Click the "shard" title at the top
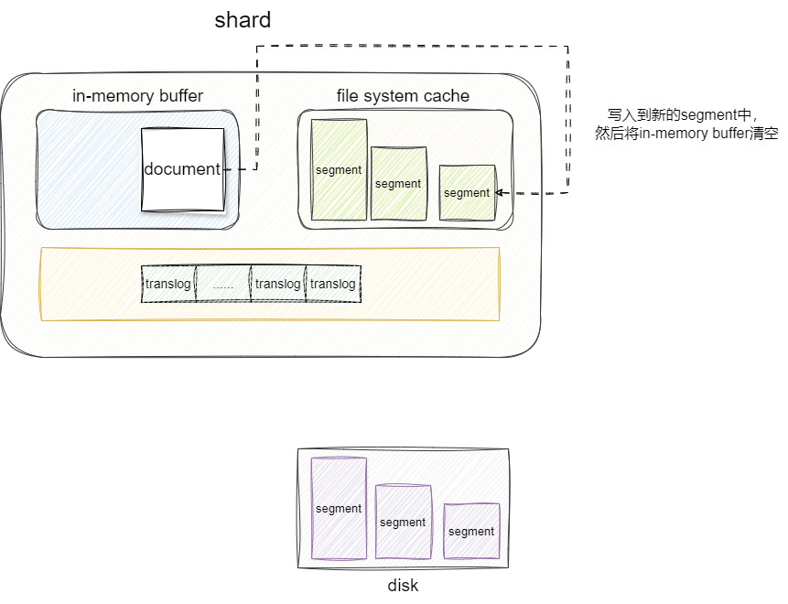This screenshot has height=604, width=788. coord(243,20)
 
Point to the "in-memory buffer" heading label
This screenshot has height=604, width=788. coord(137,96)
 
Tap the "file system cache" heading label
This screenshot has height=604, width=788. coord(403,96)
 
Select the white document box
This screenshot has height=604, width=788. coord(182,168)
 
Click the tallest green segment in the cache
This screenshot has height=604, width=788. coord(339,169)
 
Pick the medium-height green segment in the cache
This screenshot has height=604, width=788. coord(398,183)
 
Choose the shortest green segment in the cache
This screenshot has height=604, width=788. coord(467,192)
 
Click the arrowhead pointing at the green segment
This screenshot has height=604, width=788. coord(500,193)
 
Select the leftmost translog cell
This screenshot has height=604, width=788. coord(168,284)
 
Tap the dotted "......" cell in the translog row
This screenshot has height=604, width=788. coord(222,284)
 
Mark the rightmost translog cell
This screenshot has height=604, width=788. coord(333,284)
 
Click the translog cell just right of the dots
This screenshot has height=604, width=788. coord(278,284)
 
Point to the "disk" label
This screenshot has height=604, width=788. coord(403,586)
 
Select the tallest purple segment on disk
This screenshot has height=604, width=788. coord(339,508)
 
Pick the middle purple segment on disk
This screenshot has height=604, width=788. coord(403,522)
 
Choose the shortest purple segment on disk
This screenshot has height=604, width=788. coord(471,531)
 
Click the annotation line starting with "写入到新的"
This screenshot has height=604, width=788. coord(679,115)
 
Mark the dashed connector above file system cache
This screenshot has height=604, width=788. coord(412,46)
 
